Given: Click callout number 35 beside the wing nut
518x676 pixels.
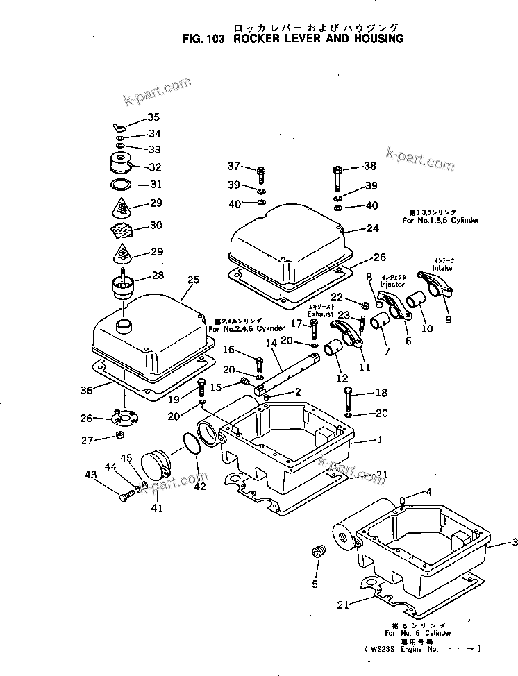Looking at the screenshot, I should tap(153, 117).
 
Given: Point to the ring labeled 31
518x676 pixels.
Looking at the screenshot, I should tap(122, 185).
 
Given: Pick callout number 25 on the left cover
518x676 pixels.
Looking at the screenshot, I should tap(193, 280).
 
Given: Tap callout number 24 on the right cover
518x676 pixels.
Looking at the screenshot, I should tap(372, 228).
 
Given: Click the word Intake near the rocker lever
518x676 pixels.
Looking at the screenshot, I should tap(442, 267).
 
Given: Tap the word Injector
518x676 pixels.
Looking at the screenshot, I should tap(392, 285).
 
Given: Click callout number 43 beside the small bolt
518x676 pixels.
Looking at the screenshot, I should tap(90, 475).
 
